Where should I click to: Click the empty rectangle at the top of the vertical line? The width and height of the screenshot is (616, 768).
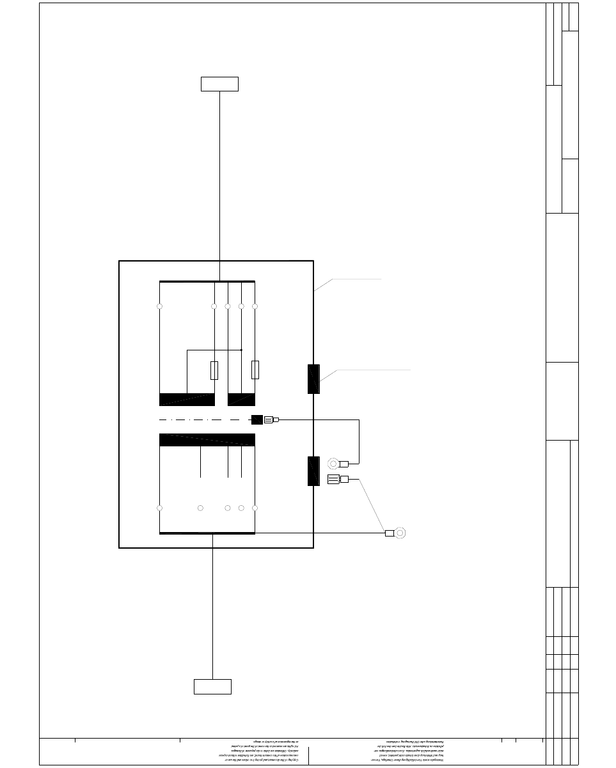pyautogui.click(x=219, y=84)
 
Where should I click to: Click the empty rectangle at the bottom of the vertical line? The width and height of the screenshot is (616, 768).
pyautogui.click(x=212, y=686)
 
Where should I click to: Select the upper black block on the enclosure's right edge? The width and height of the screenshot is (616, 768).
pyautogui.click(x=313, y=379)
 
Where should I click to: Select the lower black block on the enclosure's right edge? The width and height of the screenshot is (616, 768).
pyautogui.click(x=313, y=471)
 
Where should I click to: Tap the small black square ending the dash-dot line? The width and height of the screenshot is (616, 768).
pyautogui.click(x=257, y=420)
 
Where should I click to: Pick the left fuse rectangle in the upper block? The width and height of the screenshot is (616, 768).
pyautogui.click(x=214, y=370)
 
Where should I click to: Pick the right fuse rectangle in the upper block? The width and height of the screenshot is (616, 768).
pyautogui.click(x=255, y=370)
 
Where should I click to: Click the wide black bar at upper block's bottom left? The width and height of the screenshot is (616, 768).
pyautogui.click(x=187, y=399)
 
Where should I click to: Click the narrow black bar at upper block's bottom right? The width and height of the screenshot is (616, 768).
pyautogui.click(x=241, y=399)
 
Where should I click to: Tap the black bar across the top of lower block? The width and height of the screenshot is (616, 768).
pyautogui.click(x=207, y=439)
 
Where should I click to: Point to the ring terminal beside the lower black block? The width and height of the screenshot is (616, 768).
pyautogui.click(x=333, y=464)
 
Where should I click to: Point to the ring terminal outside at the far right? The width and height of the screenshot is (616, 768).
pyautogui.click(x=400, y=533)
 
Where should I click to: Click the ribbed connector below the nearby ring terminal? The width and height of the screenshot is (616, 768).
pyautogui.click(x=333, y=480)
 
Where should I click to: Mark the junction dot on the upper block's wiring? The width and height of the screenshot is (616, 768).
pyautogui.click(x=241, y=350)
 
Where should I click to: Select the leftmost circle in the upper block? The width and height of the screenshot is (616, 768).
pyautogui.click(x=160, y=306)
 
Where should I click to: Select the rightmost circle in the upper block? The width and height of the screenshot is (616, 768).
pyautogui.click(x=255, y=306)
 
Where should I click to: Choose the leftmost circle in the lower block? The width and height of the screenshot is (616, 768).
pyautogui.click(x=160, y=508)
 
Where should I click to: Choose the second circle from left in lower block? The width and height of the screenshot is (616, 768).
pyautogui.click(x=201, y=508)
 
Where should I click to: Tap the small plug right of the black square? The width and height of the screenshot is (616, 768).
pyautogui.click(x=271, y=420)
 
